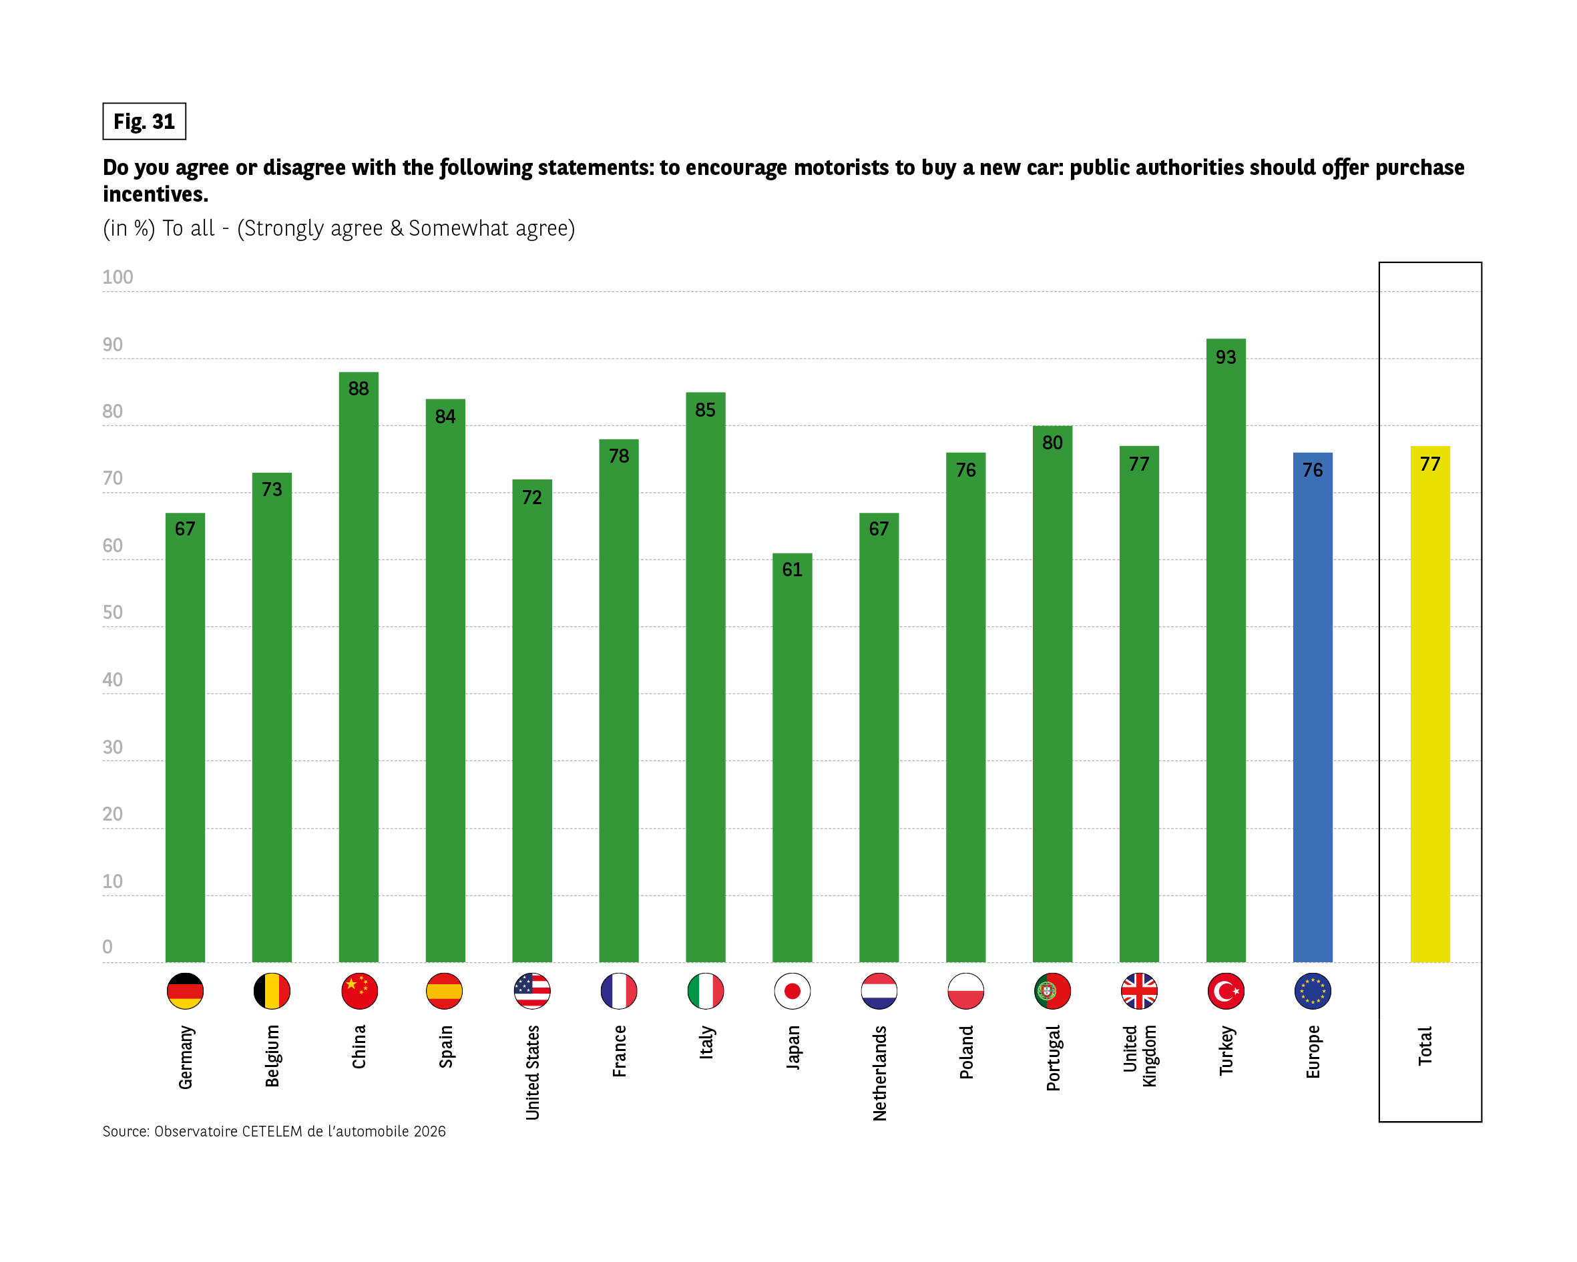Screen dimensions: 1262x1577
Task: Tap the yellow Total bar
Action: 1429,710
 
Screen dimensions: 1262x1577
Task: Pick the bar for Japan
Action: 792,761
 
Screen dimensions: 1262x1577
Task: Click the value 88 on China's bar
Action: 359,389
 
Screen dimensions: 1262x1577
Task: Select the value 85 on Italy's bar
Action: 705,410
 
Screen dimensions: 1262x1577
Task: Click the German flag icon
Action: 185,991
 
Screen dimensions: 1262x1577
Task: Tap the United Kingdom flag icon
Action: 1139,991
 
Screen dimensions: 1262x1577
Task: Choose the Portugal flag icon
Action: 1052,991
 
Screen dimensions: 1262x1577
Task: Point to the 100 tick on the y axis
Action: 118,277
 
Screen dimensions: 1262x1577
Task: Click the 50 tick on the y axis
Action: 113,612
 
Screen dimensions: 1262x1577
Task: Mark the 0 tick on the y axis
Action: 107,947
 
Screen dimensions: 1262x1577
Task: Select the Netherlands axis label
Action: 879,1072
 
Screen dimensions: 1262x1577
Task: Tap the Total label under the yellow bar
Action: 1425,1046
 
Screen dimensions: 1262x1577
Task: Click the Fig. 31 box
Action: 144,122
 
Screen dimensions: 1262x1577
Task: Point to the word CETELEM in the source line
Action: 272,1131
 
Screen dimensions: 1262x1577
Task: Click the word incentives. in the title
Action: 156,194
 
